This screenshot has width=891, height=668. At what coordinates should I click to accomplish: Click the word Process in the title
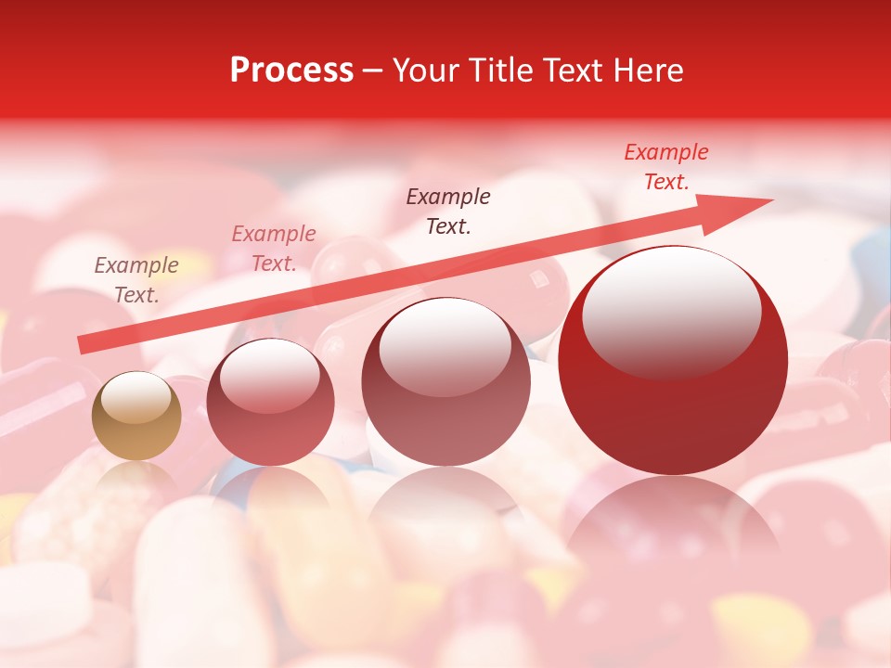[x=291, y=71]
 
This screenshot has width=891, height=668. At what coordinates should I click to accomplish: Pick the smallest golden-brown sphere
[x=136, y=417]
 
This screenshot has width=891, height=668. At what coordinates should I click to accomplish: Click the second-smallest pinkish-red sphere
[x=270, y=402]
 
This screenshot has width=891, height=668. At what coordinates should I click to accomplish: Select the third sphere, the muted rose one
[x=445, y=382]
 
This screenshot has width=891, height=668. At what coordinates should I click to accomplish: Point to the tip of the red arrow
[x=770, y=201]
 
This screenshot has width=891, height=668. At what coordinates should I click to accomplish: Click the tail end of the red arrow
[x=81, y=345]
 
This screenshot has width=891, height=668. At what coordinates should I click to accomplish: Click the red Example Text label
[x=665, y=167]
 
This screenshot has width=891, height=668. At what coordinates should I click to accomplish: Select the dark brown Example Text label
[x=448, y=211]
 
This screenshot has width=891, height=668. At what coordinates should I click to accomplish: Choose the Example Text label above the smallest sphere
[x=136, y=280]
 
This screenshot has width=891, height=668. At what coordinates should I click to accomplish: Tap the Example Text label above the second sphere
[x=274, y=249]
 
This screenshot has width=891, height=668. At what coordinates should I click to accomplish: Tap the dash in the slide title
[x=373, y=71]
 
